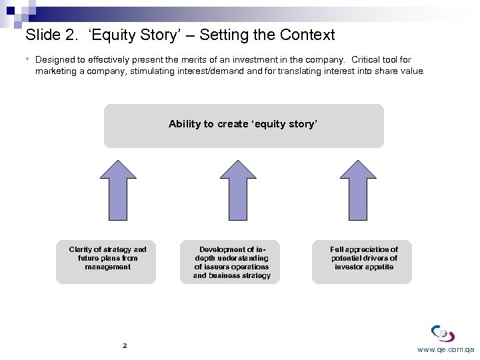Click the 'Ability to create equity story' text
[243, 124]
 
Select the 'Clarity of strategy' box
[106, 261]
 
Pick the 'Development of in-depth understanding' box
[231, 261]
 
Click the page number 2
[125, 346]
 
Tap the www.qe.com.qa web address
[445, 349]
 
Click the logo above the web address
[443, 333]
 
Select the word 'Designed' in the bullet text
[55, 60]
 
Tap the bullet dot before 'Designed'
[29, 59]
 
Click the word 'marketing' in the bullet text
[56, 71]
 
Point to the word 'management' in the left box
[107, 267]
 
